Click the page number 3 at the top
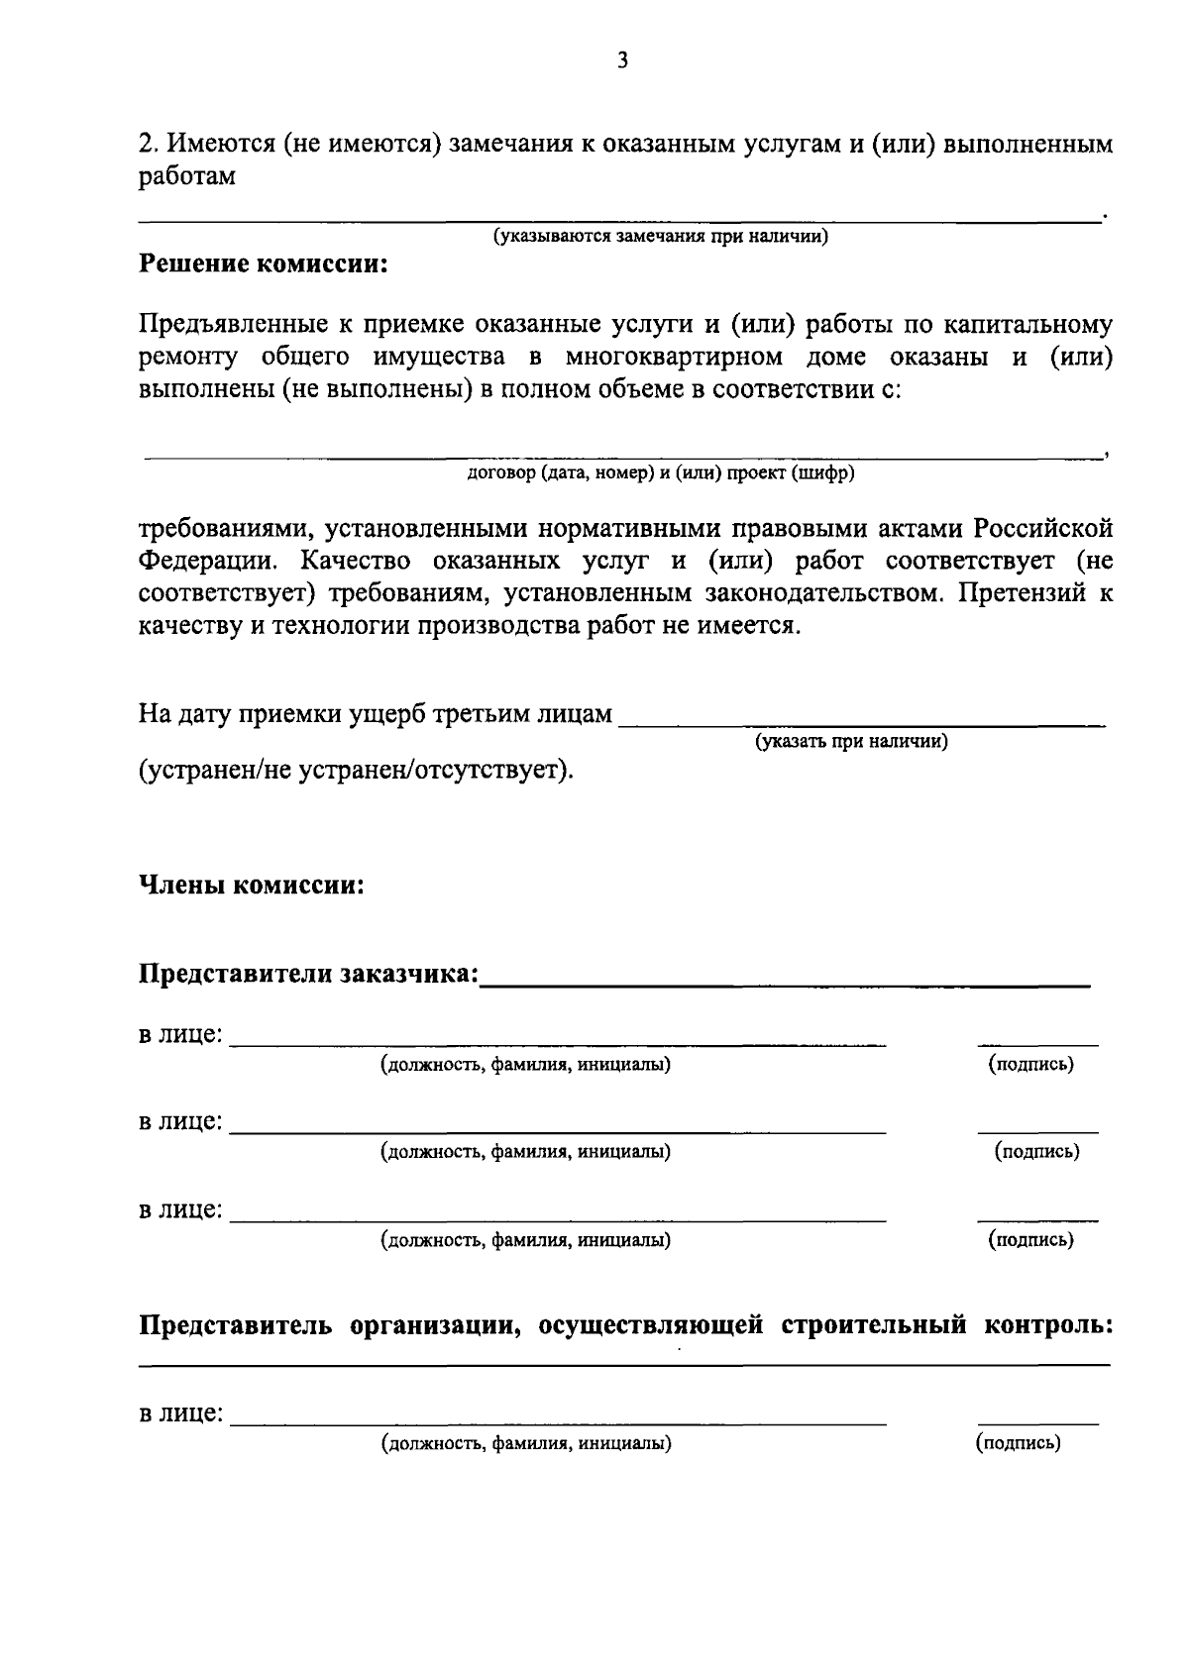[x=622, y=61]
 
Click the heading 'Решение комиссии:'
[x=263, y=264]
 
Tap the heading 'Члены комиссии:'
[x=252, y=885]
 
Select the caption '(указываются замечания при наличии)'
[x=661, y=237]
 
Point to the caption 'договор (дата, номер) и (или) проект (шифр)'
[x=661, y=472]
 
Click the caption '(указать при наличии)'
[x=851, y=741]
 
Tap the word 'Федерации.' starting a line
[x=201, y=561]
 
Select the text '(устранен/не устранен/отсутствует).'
[x=356, y=770]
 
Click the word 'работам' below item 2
[x=186, y=177]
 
